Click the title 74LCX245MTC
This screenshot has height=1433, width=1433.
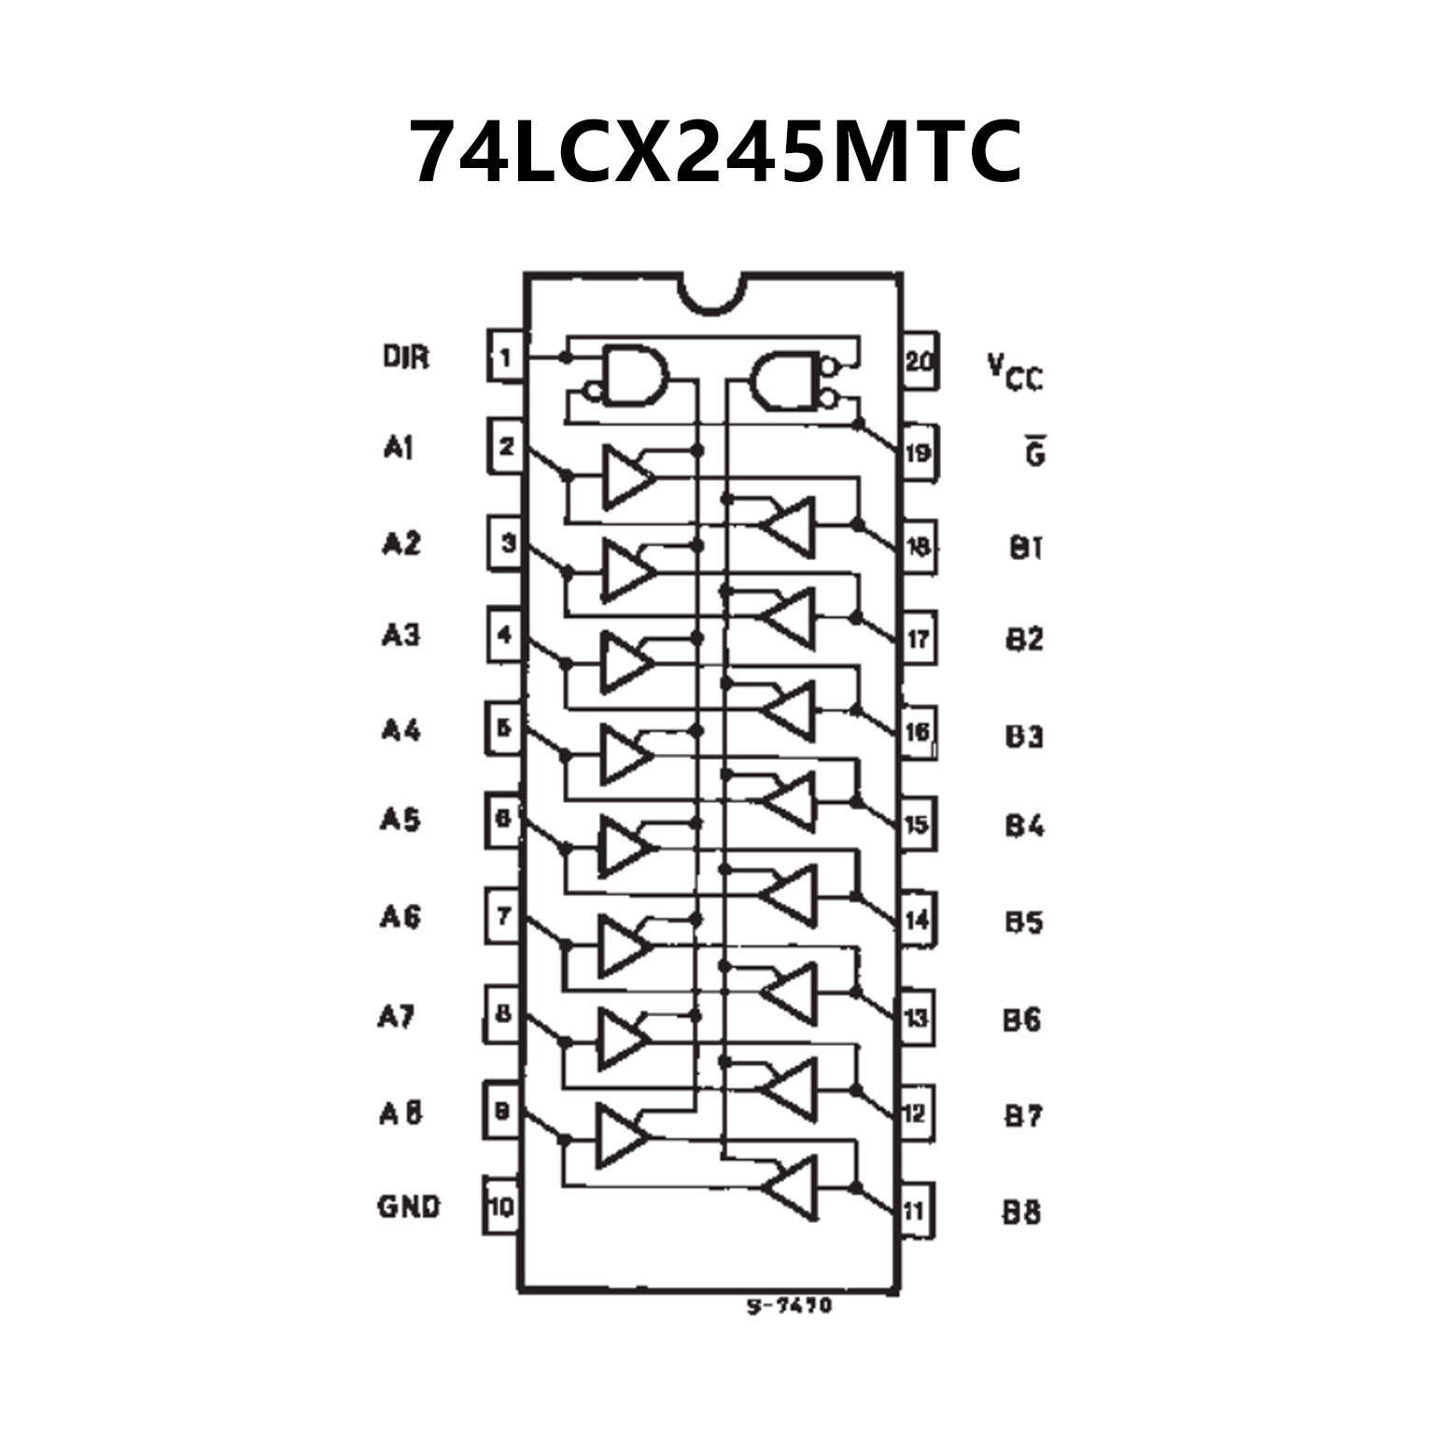716,151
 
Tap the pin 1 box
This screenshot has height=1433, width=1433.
505,358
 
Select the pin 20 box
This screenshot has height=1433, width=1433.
920,360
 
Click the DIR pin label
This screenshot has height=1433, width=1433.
406,357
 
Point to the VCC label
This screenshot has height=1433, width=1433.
1016,371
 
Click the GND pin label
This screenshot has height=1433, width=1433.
408,1206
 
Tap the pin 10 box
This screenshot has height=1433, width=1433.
501,1206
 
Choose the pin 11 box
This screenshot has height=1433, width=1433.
915,1211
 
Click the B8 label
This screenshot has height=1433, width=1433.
1022,1212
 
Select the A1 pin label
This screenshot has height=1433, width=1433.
398,448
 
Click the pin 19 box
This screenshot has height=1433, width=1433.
918,453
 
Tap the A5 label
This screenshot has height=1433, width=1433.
400,820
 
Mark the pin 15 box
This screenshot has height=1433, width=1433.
916,824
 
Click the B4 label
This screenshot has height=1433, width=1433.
1024,825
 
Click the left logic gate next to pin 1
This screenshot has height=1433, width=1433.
635,376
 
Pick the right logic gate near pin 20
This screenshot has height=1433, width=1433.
786,380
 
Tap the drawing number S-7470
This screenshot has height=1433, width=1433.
789,1305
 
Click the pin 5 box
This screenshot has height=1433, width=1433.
504,727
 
